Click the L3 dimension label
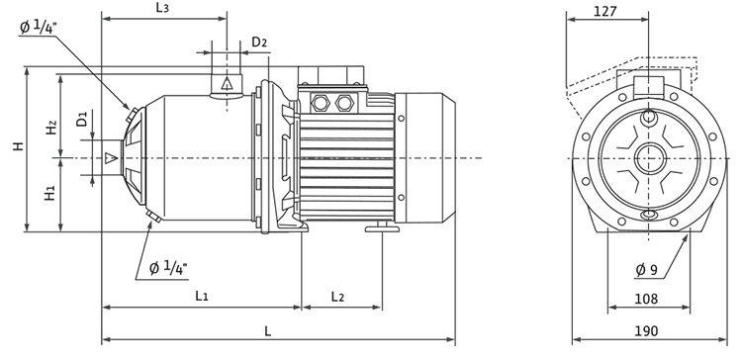[x=162, y=8]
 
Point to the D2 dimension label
[x=259, y=43]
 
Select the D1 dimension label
[x=82, y=119]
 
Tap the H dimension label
[x=18, y=146]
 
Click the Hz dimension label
[x=51, y=127]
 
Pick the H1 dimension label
[x=50, y=193]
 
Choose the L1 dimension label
[x=202, y=296]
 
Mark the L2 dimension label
[x=337, y=297]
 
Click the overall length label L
[x=268, y=331]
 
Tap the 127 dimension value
[x=605, y=11]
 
